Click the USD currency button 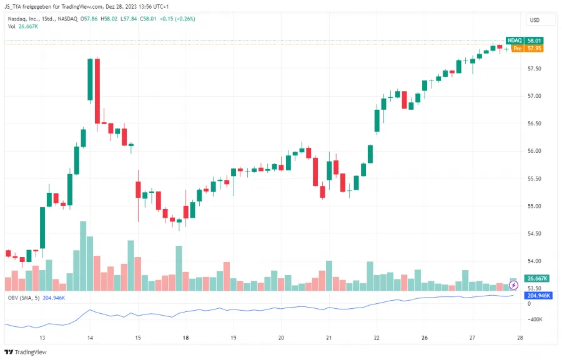pyautogui.click(x=535, y=20)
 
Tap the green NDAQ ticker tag pyautogui.click(x=514, y=41)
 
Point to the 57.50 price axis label pyautogui.click(x=535, y=69)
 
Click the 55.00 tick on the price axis pyautogui.click(x=535, y=207)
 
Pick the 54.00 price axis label pyautogui.click(x=535, y=261)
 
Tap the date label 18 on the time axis pyautogui.click(x=185, y=338)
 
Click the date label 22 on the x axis pyautogui.click(x=376, y=338)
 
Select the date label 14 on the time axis pyautogui.click(x=90, y=338)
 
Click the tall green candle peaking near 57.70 pyautogui.click(x=91, y=79)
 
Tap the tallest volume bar pyautogui.click(x=83, y=256)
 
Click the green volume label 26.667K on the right pyautogui.click(x=538, y=278)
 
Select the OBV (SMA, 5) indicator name pyautogui.click(x=24, y=298)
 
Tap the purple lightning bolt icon pyautogui.click(x=514, y=285)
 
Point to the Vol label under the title pyautogui.click(x=12, y=26)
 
